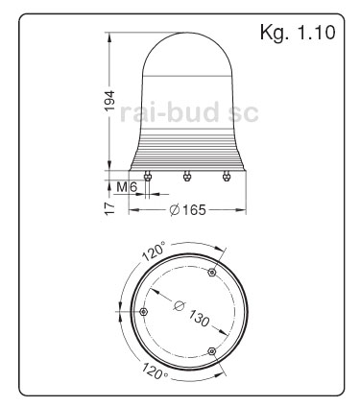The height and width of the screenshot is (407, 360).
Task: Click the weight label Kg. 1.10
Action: pos(298,33)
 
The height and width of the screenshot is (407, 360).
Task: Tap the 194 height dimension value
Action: pos(110,101)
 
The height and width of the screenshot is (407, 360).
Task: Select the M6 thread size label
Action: pos(127,186)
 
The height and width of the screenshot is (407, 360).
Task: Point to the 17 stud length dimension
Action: pos(110,208)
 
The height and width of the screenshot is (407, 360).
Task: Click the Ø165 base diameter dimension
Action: pos(188,210)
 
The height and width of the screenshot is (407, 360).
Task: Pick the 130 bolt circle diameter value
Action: pos(199,318)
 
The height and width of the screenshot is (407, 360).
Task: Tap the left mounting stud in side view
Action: pos(147,177)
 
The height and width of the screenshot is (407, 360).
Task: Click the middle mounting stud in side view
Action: pos(186,177)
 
